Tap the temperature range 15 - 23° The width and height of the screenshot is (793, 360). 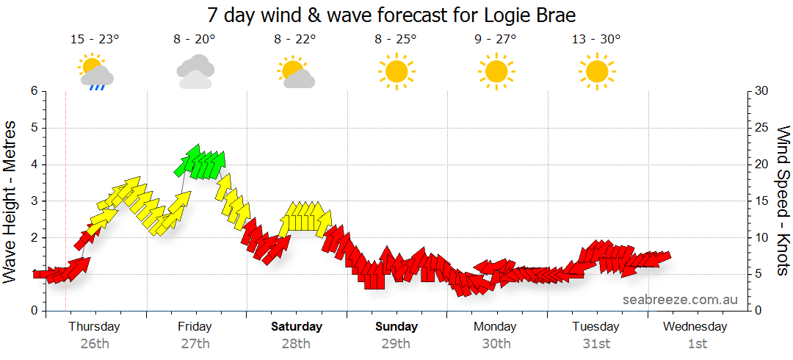(x=95, y=40)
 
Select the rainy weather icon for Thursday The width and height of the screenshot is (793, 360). (x=95, y=72)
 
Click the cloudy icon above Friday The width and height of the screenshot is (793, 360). (x=195, y=71)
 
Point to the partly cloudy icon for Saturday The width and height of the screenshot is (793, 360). (x=296, y=72)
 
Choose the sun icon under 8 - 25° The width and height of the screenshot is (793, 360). (x=396, y=71)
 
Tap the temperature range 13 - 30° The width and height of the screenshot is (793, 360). (x=596, y=40)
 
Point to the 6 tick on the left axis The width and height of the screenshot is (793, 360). (x=34, y=91)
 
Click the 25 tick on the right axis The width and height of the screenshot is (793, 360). (x=761, y=128)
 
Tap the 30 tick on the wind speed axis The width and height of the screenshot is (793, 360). (x=761, y=91)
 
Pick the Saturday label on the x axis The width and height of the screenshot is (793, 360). (x=296, y=327)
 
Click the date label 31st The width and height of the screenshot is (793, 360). (x=596, y=344)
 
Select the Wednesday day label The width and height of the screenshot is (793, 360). (x=696, y=327)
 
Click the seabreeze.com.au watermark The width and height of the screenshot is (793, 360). (x=680, y=300)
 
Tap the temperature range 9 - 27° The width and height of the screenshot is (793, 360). (x=496, y=40)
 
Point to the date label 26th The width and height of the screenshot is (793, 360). (x=95, y=344)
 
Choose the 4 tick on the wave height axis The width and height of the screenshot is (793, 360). (x=34, y=165)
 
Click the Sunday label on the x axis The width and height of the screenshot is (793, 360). (x=396, y=327)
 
